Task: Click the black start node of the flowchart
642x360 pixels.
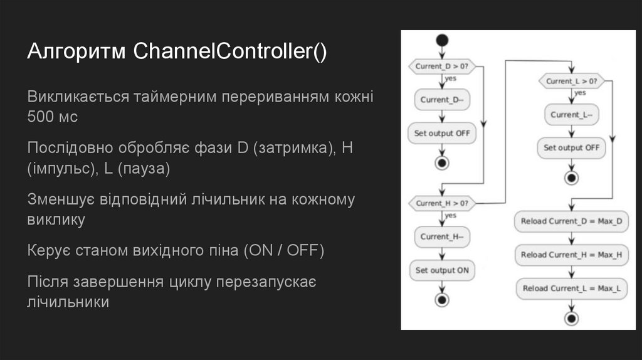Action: tap(443, 41)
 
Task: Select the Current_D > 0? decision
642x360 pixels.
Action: tap(442, 65)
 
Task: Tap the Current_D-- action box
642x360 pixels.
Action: tap(442, 99)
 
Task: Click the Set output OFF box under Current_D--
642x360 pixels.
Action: tap(442, 133)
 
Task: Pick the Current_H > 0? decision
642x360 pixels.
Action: tap(442, 203)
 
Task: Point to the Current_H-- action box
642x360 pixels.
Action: tap(442, 236)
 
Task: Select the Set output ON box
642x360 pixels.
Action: tap(442, 270)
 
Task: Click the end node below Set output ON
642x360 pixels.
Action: tap(442, 300)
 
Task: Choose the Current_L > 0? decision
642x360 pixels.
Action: tap(571, 81)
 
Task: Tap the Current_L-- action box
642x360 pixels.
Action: tap(571, 114)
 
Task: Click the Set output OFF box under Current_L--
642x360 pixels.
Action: tap(571, 148)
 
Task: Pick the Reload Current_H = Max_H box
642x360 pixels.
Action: tap(571, 255)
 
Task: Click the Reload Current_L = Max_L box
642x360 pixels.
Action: tap(571, 289)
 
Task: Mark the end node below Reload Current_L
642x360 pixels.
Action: tap(571, 318)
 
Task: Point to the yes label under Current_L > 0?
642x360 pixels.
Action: tap(580, 93)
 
